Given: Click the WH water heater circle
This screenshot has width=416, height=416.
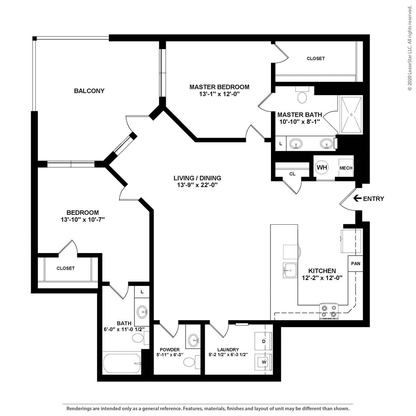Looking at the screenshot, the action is click(x=322, y=167).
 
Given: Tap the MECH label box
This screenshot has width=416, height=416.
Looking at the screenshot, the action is click(x=346, y=168).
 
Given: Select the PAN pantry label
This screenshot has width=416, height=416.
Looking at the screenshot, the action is click(x=355, y=263).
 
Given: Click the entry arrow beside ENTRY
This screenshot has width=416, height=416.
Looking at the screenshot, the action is click(x=357, y=198).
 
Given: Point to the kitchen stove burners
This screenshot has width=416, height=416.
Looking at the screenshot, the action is click(x=329, y=311).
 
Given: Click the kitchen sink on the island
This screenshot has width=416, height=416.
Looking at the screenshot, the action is click(x=290, y=270).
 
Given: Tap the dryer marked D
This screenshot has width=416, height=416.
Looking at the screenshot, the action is click(x=263, y=341).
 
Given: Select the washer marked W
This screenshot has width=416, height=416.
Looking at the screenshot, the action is click(x=263, y=362).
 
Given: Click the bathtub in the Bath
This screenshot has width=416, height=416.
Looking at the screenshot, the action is click(x=122, y=363).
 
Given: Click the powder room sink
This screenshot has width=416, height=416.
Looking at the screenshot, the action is click(x=193, y=339).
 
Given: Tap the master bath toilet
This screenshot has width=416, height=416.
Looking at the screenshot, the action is click(x=302, y=95).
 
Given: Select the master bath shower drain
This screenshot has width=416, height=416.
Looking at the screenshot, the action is click(x=351, y=115).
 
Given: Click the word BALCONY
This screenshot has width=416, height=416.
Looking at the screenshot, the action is click(x=89, y=91).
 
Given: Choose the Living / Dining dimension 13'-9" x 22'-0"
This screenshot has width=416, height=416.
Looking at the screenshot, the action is click(x=197, y=185).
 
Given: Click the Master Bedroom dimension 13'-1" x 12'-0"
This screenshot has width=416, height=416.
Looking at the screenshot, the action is click(x=219, y=94).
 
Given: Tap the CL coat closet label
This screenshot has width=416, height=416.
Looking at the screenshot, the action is click(x=292, y=174).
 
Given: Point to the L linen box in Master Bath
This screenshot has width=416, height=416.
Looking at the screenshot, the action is click(x=281, y=144).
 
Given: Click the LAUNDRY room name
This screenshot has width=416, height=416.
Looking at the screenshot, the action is click(x=228, y=350).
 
